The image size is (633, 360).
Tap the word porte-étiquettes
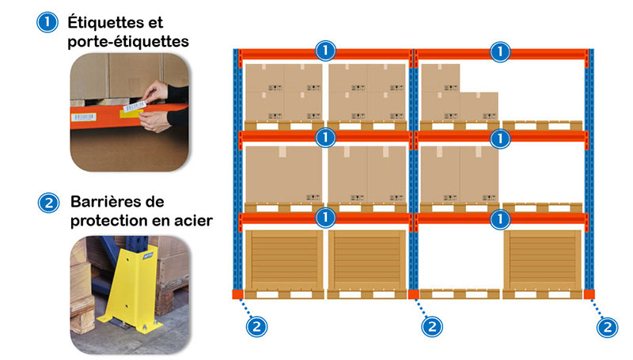point(128,42)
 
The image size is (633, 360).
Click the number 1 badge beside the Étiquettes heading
point(47,22)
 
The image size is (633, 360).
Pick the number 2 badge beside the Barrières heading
point(48,203)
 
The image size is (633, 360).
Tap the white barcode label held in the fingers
point(134,107)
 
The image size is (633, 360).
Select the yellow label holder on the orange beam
point(131,113)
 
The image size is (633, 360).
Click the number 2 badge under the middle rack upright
point(432,326)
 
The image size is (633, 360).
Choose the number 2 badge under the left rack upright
point(256,326)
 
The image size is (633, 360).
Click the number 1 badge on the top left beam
point(325,51)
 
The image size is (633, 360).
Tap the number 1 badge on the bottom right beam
point(500,219)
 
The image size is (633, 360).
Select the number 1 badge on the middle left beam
point(325,138)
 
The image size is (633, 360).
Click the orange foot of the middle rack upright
point(413,294)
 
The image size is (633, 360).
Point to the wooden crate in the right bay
point(543,260)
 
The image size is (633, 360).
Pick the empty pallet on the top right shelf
point(543,126)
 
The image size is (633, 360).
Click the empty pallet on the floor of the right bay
point(460,294)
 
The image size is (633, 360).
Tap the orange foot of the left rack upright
point(238,294)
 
